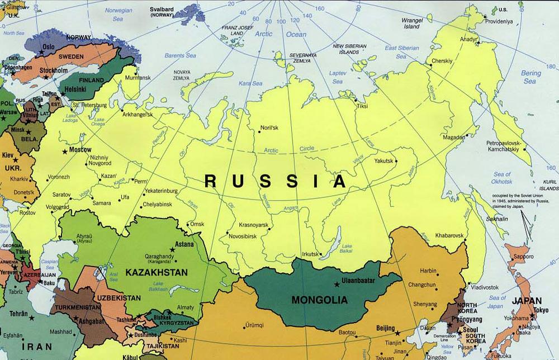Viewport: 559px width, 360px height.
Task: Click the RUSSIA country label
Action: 275,181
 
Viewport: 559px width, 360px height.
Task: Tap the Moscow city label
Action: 80,150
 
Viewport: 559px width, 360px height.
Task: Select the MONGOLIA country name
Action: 319,300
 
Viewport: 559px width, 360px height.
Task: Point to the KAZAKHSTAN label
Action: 157,272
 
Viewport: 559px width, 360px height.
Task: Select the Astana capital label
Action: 184,244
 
